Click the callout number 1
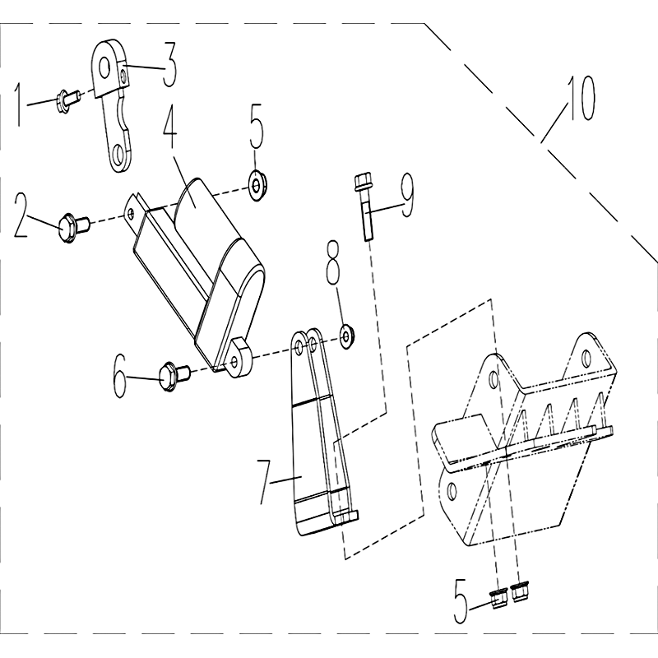tap(18, 104)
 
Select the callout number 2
tap(22, 215)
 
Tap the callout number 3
tap(169, 65)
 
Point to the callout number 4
tap(169, 125)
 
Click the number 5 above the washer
tap(257, 127)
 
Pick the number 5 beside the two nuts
tap(461, 600)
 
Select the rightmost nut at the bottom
tap(521, 591)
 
